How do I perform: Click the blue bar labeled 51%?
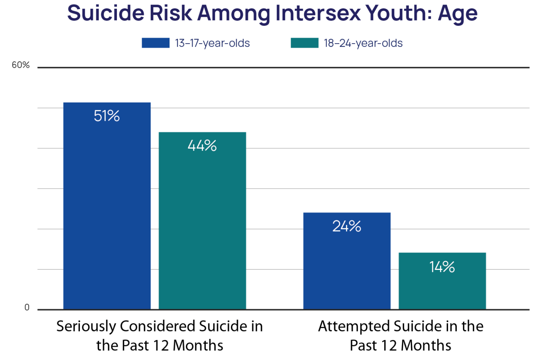pos(107,212)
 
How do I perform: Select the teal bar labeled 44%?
pos(202,227)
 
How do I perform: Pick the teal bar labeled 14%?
pos(442,288)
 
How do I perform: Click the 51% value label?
pos(107,116)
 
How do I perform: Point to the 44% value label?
pos(202,146)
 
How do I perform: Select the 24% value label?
pos(347,226)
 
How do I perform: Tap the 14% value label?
pos(442,267)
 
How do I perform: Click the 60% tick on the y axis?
pos(20,65)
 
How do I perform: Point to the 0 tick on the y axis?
pos(27,307)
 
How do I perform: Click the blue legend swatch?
pos(156,43)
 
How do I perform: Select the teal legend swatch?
pos(305,43)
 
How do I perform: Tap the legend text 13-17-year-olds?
pos(212,43)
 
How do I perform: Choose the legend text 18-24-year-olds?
pos(363,43)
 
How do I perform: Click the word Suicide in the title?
pos(106,13)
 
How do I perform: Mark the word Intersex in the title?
pos(318,13)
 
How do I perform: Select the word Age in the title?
pos(458,14)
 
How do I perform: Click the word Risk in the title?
pos(171,13)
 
